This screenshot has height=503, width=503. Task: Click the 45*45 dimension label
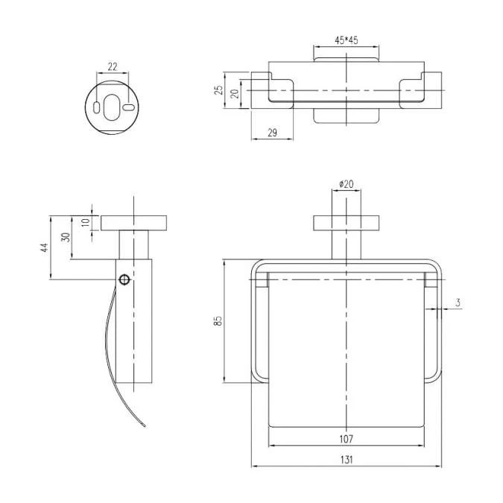pyautogui.click(x=346, y=40)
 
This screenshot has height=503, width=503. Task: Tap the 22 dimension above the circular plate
pyautogui.click(x=113, y=67)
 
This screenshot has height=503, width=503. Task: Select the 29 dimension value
pyautogui.click(x=272, y=133)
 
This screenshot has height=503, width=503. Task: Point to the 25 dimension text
pyautogui.click(x=218, y=90)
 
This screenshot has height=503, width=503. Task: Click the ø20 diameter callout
pyautogui.click(x=346, y=184)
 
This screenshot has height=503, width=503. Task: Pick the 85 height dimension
pyautogui.click(x=218, y=320)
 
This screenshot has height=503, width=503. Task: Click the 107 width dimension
pyautogui.click(x=346, y=438)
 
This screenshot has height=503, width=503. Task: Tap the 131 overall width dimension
pyautogui.click(x=347, y=460)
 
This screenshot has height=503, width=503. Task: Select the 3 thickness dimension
pyautogui.click(x=458, y=303)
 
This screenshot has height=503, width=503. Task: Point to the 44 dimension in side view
pyautogui.click(x=44, y=247)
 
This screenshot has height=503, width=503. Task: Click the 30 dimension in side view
pyautogui.click(x=66, y=237)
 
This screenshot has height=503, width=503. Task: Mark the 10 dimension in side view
pyautogui.click(x=86, y=222)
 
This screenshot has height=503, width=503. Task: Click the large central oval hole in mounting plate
pyautogui.click(x=112, y=107)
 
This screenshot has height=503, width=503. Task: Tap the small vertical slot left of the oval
pyautogui.click(x=96, y=107)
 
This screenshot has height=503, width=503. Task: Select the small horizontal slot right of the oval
pyautogui.click(x=129, y=107)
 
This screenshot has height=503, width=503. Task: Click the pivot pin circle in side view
pyautogui.click(x=124, y=279)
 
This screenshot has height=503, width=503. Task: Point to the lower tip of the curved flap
pyautogui.click(x=145, y=426)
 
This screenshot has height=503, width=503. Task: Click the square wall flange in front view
pyautogui.click(x=346, y=223)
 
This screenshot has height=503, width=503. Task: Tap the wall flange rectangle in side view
pyautogui.click(x=134, y=223)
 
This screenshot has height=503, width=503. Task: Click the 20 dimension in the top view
pyautogui.click(x=235, y=93)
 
